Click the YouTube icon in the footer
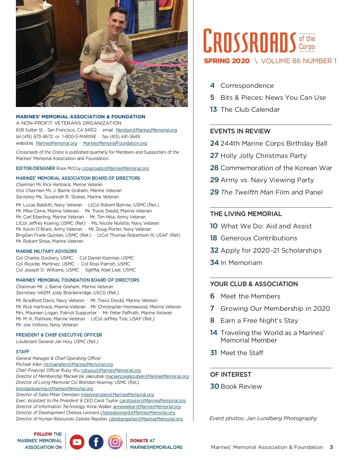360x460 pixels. (77, 442)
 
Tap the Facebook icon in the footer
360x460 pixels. (96, 442)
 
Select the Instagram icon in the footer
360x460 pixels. (115, 442)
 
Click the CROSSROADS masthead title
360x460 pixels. (250, 41)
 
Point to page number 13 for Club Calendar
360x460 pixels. (213, 110)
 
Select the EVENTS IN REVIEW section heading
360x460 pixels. (240, 131)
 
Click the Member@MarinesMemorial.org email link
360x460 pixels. (146, 130)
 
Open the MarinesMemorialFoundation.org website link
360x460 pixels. (115, 143)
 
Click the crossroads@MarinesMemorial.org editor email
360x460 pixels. (115, 168)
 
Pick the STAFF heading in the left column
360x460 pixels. (22, 352)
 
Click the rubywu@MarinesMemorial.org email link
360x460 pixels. (110, 370)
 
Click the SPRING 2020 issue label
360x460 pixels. (226, 61)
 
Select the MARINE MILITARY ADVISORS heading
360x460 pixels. (46, 251)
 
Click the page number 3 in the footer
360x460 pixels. (331, 447)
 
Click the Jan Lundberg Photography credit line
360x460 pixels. (263, 418)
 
